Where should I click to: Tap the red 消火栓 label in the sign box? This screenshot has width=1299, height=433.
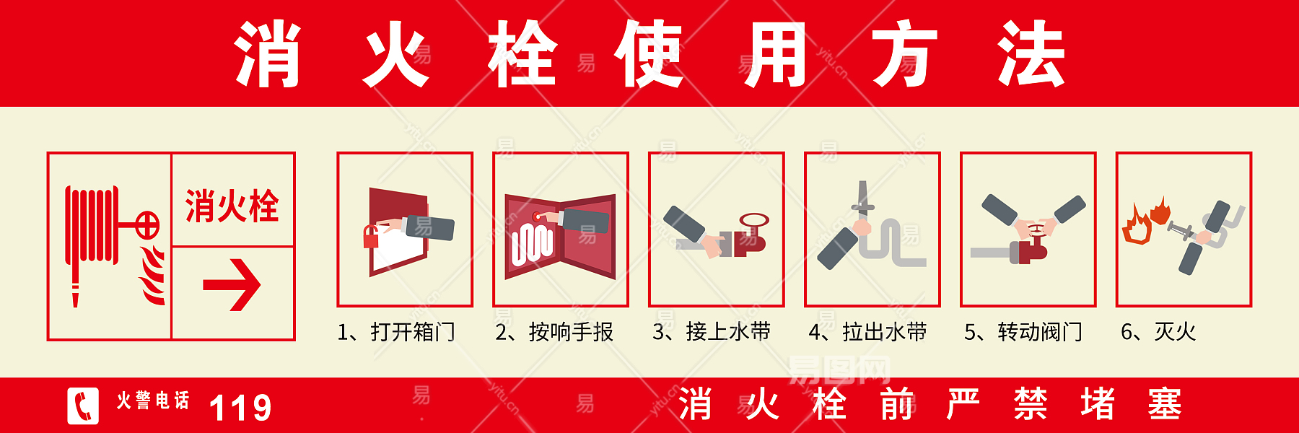pyautogui.click(x=232, y=206)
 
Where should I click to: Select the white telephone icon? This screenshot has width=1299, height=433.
pyautogui.click(x=83, y=406)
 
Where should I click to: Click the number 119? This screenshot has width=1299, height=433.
pyautogui.click(x=240, y=408)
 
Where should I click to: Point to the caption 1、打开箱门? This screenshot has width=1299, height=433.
pyautogui.click(x=396, y=332)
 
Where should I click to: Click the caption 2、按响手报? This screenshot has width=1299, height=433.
pyautogui.click(x=554, y=332)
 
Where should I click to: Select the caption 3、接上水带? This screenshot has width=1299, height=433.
pyautogui.click(x=712, y=332)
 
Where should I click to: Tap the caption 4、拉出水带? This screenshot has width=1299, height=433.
pyautogui.click(x=867, y=332)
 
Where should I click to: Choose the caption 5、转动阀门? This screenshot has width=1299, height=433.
pyautogui.click(x=1023, y=332)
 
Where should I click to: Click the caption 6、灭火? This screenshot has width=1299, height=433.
pyautogui.click(x=1158, y=332)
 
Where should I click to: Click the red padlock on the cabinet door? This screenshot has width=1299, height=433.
pyautogui.click(x=371, y=237)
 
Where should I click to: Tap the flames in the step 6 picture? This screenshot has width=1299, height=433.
pyautogui.click(x=1145, y=220)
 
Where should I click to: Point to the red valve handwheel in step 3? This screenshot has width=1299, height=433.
pyautogui.click(x=754, y=220)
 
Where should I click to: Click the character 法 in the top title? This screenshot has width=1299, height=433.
pyautogui.click(x=1031, y=54)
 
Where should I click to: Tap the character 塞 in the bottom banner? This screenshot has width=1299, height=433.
pyautogui.click(x=1164, y=403)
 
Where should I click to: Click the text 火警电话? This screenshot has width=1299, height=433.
pyautogui.click(x=153, y=401)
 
